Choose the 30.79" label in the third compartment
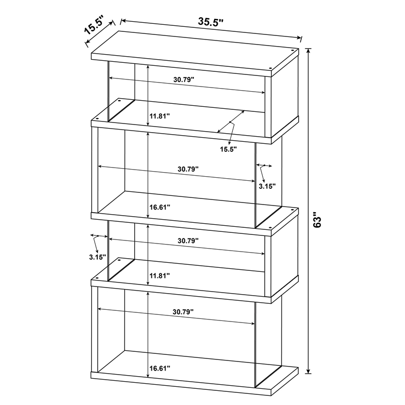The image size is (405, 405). pyautogui.click(x=187, y=241)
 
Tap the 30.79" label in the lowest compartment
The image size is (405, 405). pyautogui.click(x=183, y=312)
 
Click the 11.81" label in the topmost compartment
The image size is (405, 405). pyautogui.click(x=159, y=116)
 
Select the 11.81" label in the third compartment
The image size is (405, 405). pyautogui.click(x=159, y=275)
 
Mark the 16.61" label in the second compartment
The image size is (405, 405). pyautogui.click(x=159, y=207)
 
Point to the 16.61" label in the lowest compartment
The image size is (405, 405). pyautogui.click(x=159, y=368)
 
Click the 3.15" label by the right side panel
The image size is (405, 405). pyautogui.click(x=267, y=186)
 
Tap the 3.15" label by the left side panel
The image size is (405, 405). pyautogui.click(x=95, y=257)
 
